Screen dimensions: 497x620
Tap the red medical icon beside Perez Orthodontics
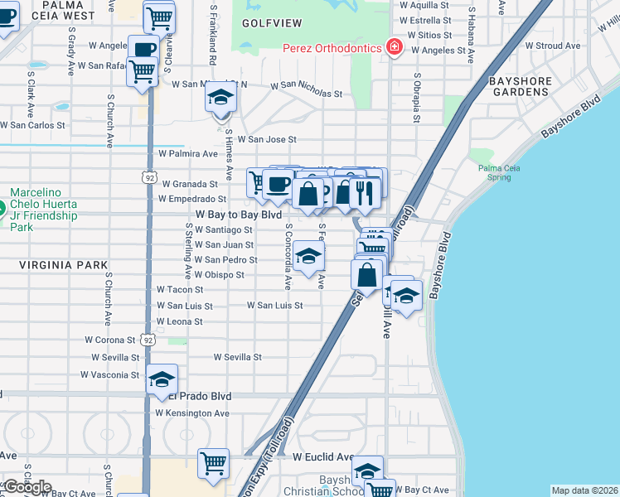pyautogui.click(x=395, y=47)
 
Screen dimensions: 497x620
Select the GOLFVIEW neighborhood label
pyautogui.click(x=272, y=23)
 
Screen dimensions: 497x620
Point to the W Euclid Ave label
pyautogui.click(x=323, y=456)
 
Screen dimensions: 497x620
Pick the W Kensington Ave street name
pyautogui.click(x=192, y=413)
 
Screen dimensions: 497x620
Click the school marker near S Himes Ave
pyautogui.click(x=220, y=99)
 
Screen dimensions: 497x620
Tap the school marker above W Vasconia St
pyautogui.click(x=162, y=379)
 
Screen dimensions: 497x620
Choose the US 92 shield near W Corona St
pyautogui.click(x=148, y=340)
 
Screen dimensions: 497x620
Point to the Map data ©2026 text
pyautogui.click(x=584, y=490)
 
